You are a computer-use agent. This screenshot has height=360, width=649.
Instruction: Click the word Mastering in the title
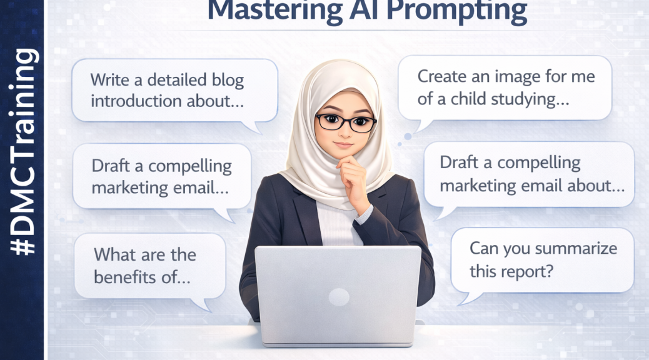(256, 9)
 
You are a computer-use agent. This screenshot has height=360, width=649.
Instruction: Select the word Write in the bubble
(110, 80)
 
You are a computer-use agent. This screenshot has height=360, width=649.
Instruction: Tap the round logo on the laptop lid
(338, 297)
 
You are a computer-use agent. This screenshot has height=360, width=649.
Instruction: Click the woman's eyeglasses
(345, 122)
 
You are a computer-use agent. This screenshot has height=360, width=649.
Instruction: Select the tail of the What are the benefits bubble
(202, 304)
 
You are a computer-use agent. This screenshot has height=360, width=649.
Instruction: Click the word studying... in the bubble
(538, 99)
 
